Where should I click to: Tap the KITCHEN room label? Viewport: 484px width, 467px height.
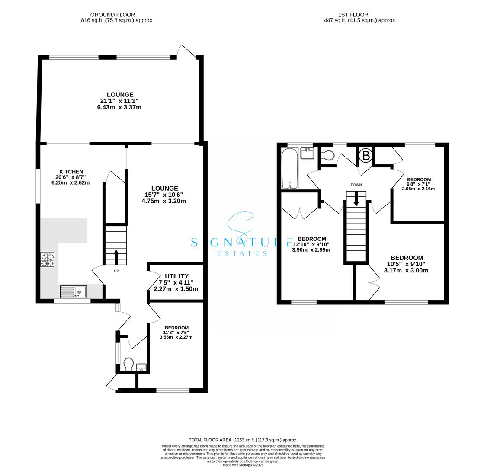pos(71,172)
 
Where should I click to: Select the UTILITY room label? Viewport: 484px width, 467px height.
pos(176,276)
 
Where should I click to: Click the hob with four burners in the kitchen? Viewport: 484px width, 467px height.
pos(48,259)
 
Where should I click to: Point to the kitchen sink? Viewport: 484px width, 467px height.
pos(73,292)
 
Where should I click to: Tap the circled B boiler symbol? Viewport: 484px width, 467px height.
pos(366,155)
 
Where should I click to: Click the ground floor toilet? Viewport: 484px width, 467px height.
pos(128,364)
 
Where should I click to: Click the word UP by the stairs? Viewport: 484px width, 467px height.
pos(116,272)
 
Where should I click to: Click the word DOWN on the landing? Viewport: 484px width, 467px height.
pos(356,185)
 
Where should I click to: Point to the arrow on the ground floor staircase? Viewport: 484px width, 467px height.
pos(116,256)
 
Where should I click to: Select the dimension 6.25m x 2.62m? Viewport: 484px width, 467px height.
pos(71,182)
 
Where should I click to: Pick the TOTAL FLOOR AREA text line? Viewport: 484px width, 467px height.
pos(243,440)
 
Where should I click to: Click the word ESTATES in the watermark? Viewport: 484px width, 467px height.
pos(242,253)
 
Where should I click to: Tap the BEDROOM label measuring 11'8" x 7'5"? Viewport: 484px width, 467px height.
pos(176,328)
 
